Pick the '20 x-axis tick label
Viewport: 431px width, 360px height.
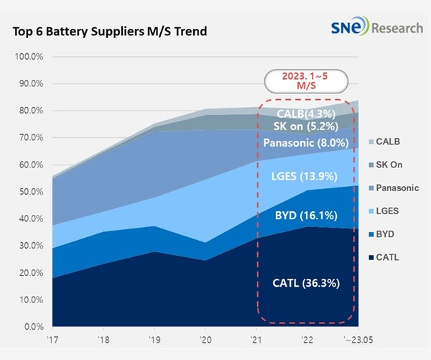pos(205,340)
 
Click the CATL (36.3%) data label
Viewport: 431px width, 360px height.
pos(305,283)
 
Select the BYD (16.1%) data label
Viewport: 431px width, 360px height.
pos(305,215)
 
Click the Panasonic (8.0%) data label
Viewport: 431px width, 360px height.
pos(305,142)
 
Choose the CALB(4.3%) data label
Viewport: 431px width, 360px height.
pos(305,113)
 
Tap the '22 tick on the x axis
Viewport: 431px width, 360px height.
pos(307,340)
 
